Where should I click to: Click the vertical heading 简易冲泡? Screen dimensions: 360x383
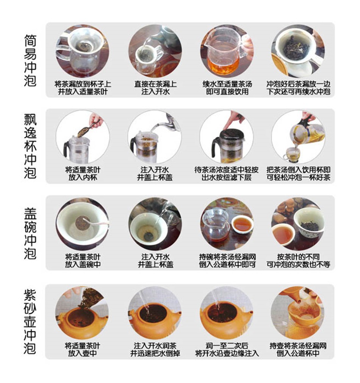30,60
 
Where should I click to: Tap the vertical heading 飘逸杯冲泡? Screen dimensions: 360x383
30,146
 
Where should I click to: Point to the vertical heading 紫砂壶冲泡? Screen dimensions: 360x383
30,322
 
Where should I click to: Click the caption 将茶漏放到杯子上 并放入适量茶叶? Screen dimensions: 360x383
83,88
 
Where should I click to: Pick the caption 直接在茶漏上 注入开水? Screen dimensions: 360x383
155,88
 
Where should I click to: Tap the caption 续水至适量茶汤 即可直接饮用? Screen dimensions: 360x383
227,88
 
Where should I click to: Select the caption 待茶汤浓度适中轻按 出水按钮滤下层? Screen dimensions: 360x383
227,173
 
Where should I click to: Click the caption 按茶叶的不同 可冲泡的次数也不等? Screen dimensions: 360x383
298,260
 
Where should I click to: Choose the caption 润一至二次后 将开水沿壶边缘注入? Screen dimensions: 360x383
227,349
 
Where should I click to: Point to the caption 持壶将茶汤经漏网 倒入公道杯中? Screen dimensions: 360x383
298,349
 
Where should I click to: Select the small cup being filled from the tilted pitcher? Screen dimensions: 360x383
292,154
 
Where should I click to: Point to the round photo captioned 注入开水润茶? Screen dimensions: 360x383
155,313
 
